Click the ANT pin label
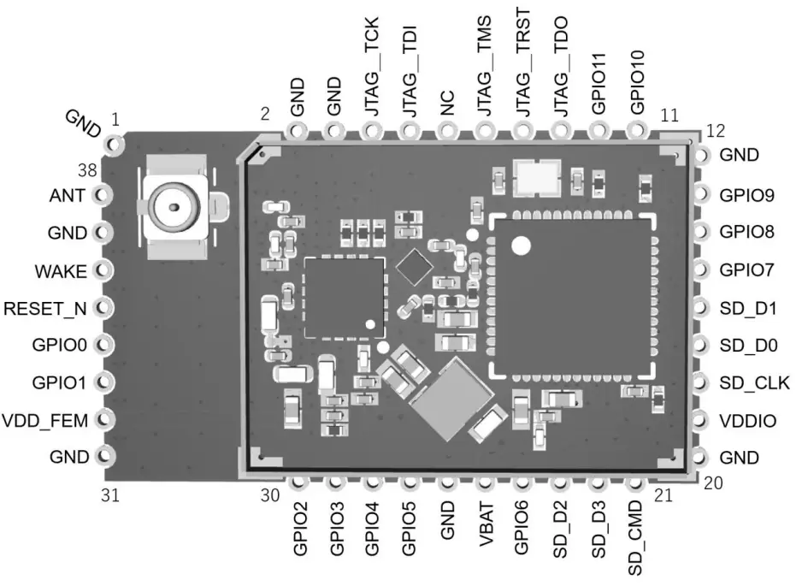click(67, 195)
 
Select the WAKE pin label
click(61, 271)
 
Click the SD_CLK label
click(753, 382)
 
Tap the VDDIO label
click(747, 420)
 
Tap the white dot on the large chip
click(521, 246)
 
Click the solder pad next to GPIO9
click(701, 195)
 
